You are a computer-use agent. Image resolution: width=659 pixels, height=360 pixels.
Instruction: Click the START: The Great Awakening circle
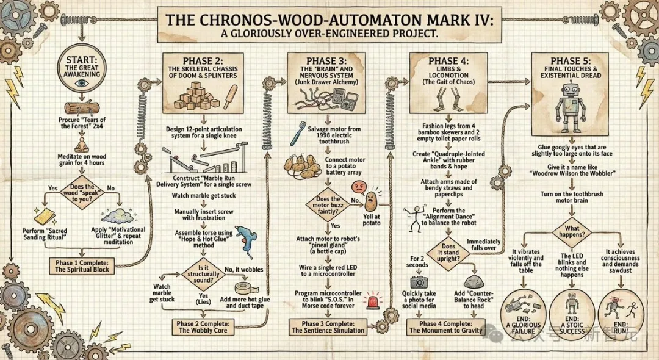pos(77,70)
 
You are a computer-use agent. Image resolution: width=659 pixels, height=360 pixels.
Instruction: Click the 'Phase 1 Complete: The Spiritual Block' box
pos(82,265)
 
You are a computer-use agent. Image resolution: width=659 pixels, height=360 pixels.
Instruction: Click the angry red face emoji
pos(371,198)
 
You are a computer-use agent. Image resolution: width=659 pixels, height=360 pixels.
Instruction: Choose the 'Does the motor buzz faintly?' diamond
pos(329,204)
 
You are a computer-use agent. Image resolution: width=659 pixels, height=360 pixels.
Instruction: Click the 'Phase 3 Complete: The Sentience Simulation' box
pos(328,326)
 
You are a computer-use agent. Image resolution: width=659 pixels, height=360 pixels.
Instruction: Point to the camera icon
pos(418,281)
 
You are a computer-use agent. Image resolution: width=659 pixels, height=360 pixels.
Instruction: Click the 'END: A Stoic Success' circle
pos(572,311)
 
